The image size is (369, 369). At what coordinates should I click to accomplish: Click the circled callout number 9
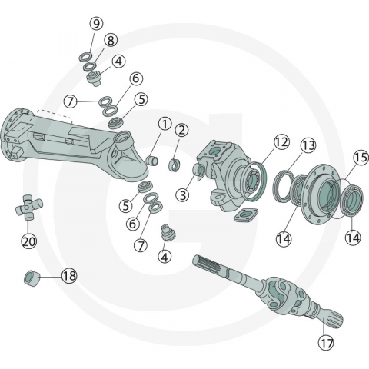tap(96, 24)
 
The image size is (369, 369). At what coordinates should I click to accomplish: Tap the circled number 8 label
tap(111, 40)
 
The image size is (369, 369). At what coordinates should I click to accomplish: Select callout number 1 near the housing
tap(165, 123)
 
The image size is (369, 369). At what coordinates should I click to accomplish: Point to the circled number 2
tap(182, 130)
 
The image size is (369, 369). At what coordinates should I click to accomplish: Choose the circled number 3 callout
tap(182, 195)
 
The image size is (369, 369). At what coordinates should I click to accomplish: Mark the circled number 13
tap(308, 145)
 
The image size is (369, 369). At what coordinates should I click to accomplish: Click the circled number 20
tap(29, 241)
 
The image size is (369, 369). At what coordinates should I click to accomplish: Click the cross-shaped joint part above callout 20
tap(28, 208)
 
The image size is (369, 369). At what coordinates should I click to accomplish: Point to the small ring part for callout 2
tap(175, 163)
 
